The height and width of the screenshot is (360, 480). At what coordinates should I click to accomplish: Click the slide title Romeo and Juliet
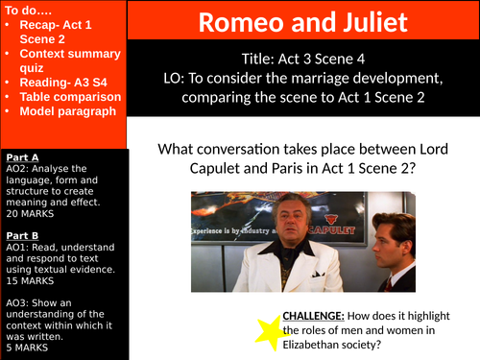(x=303, y=21)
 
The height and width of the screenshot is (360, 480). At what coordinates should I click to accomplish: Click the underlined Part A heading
(x=20, y=156)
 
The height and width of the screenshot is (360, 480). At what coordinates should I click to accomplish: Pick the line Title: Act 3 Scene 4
(x=302, y=59)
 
